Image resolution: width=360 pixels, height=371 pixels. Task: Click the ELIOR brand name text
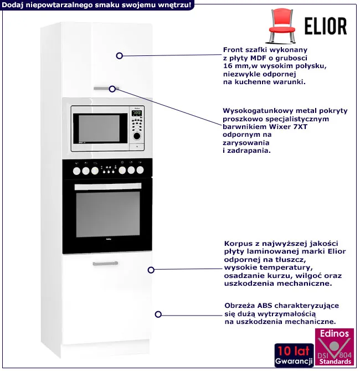(x=326, y=26)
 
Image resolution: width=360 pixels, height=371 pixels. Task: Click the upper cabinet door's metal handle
(x=105, y=88)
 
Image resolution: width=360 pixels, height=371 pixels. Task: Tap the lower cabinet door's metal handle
(x=105, y=264)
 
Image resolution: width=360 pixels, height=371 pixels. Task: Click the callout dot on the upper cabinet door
(x=119, y=55)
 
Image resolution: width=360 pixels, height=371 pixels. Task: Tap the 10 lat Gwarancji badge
(x=293, y=354)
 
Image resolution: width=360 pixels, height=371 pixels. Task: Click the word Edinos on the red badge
(x=334, y=334)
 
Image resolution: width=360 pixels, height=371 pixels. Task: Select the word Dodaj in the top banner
(x=14, y=5)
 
